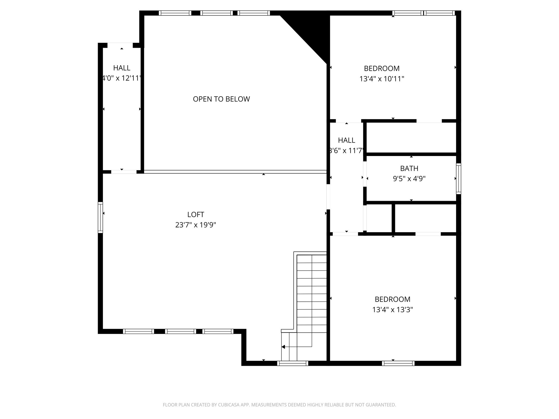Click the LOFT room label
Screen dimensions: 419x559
pyautogui.click(x=195, y=215)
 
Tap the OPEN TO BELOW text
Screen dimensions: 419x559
pyautogui.click(x=221, y=99)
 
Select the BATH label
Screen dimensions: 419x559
pyautogui.click(x=409, y=168)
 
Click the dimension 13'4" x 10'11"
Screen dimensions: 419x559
pyautogui.click(x=381, y=79)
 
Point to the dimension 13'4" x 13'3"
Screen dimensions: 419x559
pyautogui.click(x=392, y=310)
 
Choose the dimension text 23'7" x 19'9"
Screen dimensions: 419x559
pyautogui.click(x=195, y=225)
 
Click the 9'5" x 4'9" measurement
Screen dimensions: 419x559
pyautogui.click(x=409, y=179)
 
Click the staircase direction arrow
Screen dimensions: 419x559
pyautogui.click(x=283, y=347)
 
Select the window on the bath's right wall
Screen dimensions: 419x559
pyautogui.click(x=459, y=179)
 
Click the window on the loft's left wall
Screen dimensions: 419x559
pyautogui.click(x=100, y=217)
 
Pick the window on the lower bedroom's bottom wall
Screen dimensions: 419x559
pyautogui.click(x=398, y=363)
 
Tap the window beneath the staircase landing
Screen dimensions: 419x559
pyautogui.click(x=292, y=363)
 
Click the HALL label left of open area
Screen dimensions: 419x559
pyautogui.click(x=122, y=68)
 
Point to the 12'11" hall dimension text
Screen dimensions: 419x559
pyautogui.click(x=122, y=78)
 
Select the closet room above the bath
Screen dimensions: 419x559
pyautogui.click(x=411, y=137)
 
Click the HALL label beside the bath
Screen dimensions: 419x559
pyautogui.click(x=346, y=140)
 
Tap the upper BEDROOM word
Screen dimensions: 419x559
pyautogui.click(x=381, y=68)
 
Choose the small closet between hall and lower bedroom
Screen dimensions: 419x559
pyautogui.click(x=379, y=218)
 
